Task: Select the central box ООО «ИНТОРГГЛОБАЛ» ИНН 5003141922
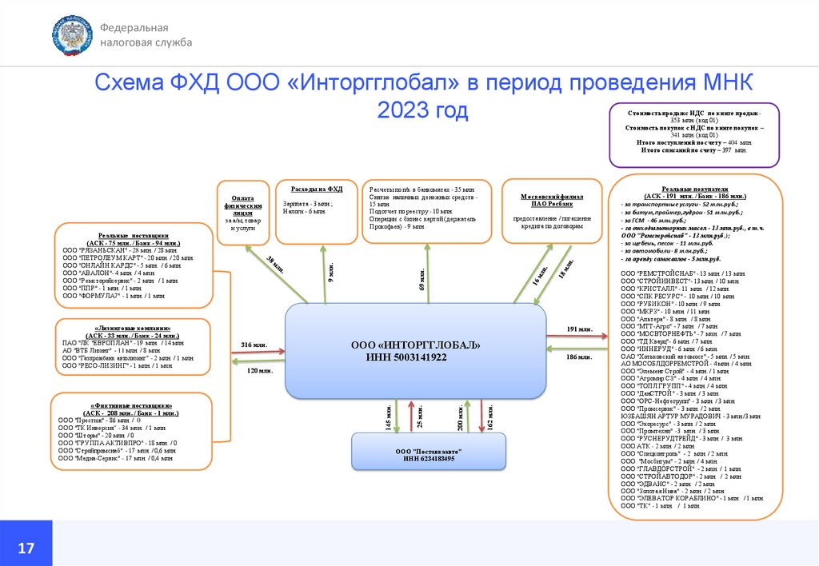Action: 417,351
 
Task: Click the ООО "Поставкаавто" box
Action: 429,454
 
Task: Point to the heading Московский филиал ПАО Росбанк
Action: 552,201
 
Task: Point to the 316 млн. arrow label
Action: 254,345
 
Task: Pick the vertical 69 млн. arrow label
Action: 422,280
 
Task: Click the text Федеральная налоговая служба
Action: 146,35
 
